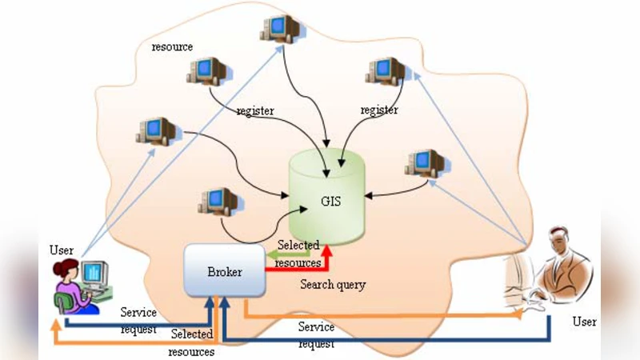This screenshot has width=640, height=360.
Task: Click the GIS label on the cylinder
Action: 330,202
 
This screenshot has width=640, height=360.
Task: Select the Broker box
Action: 225,272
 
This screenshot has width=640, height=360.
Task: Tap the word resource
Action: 172,47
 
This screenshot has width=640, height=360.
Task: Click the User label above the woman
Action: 61,250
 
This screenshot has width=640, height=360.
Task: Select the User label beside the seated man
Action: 585,322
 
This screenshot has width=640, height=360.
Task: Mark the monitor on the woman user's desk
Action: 94,274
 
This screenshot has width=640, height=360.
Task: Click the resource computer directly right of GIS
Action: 425,164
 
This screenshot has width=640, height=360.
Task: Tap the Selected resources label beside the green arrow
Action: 298,253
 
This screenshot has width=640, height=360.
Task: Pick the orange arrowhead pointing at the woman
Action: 55,325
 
